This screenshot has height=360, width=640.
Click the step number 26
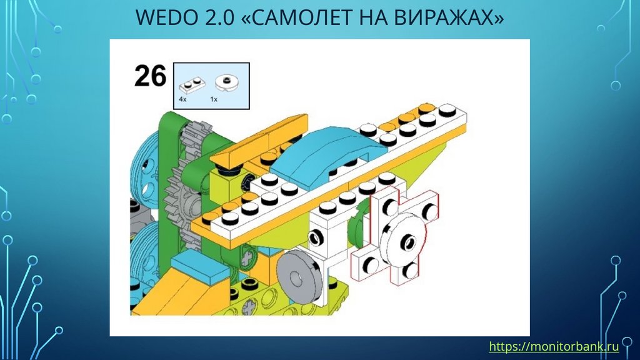[150, 77]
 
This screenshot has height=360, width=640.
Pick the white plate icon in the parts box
[192, 84]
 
